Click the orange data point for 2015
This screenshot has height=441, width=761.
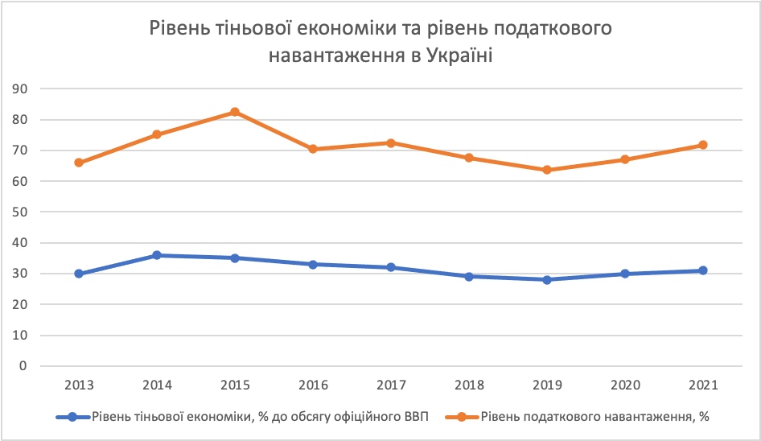[x=235, y=112]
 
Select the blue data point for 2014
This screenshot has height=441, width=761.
[x=157, y=255]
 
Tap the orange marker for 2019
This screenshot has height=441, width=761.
[x=547, y=170]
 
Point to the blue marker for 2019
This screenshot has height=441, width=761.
[x=547, y=279]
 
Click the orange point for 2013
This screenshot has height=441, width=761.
[x=79, y=163]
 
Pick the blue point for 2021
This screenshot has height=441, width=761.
[x=703, y=270]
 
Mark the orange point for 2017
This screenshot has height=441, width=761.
[x=391, y=142]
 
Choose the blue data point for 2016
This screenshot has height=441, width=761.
[x=313, y=264]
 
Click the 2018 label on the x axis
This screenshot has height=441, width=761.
[x=469, y=385]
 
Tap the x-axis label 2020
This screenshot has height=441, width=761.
[x=625, y=385]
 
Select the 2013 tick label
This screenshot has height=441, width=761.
[x=79, y=385]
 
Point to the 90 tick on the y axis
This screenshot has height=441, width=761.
[x=31, y=89]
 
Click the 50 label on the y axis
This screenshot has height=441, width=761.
[x=31, y=212]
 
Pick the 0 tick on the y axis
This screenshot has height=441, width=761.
[x=34, y=366]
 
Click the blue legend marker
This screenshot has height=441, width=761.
[x=73, y=417]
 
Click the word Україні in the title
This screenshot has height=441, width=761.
[x=447, y=56]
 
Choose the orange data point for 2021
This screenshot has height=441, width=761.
[x=703, y=145]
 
